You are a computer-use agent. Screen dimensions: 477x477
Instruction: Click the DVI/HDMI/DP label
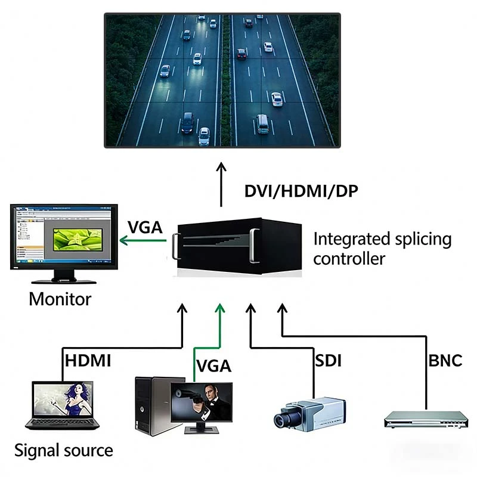click(301, 191)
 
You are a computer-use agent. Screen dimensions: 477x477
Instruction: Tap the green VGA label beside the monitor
click(145, 228)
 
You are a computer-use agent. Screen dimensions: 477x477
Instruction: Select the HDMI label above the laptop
click(88, 360)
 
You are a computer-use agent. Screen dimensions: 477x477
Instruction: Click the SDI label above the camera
click(327, 360)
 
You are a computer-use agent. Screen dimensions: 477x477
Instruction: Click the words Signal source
click(63, 450)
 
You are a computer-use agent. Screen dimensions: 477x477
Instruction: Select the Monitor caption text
click(60, 298)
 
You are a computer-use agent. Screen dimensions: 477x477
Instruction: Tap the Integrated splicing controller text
click(382, 249)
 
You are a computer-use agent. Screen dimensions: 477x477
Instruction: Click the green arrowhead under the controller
click(221, 308)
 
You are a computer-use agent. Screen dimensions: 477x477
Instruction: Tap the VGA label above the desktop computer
click(213, 366)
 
